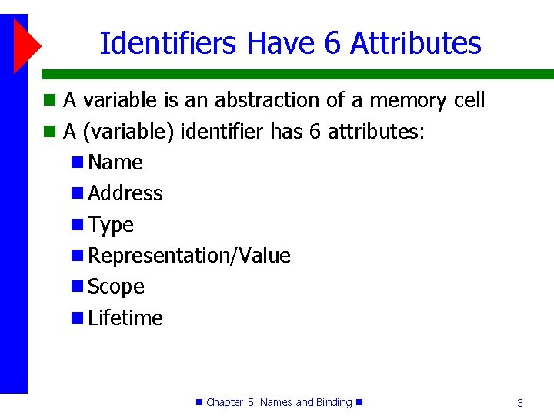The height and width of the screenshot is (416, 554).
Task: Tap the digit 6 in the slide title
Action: click(x=332, y=43)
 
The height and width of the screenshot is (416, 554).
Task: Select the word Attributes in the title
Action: click(x=415, y=43)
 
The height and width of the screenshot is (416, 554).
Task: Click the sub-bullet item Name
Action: click(x=115, y=163)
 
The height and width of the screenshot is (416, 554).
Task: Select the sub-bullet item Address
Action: click(x=125, y=193)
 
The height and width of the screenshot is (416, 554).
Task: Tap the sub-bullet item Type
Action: click(x=111, y=225)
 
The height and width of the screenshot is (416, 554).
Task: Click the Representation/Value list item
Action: click(x=189, y=256)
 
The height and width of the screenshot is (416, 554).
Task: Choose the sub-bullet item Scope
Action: click(x=116, y=287)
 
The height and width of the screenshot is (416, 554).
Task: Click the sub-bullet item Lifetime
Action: click(x=125, y=318)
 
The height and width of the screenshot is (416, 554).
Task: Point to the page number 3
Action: click(x=520, y=403)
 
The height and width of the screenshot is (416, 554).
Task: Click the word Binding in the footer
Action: click(x=334, y=402)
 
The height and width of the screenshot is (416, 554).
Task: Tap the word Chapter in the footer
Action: click(x=225, y=402)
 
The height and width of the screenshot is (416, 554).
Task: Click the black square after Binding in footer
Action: click(x=359, y=402)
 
